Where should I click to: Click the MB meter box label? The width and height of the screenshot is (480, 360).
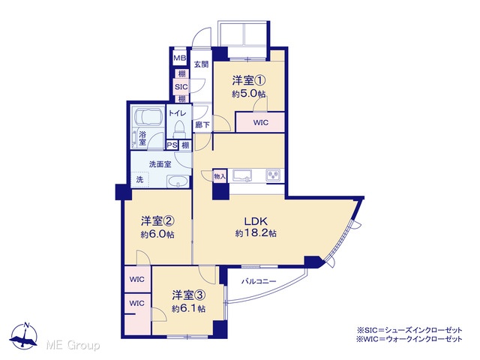pos(180,58)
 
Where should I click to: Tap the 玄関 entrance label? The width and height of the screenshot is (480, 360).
pos(202,64)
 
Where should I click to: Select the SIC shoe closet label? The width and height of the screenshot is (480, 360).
pos(181,87)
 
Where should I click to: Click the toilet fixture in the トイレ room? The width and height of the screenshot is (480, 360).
pos(179,130)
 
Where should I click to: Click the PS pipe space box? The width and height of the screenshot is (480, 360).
pos(172,145)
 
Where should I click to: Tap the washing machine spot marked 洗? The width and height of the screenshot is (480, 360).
pos(140,179)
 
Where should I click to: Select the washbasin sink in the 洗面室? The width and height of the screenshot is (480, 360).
pos(178,181)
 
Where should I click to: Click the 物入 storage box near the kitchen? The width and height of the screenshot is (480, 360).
pos(220,176)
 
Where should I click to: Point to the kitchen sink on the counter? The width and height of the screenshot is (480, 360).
pos(242,176)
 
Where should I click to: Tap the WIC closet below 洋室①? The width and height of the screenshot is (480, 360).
pos(260,122)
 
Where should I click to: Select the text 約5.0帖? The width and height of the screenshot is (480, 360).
pos(248,94)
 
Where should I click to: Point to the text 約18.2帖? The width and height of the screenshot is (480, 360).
pos(256,233)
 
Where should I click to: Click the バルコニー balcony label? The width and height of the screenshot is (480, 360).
pos(259,281)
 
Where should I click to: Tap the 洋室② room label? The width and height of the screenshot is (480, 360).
pos(157,220)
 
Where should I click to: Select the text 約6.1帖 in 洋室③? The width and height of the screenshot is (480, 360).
pos(188,308)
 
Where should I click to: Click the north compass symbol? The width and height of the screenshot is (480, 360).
pos(24,335)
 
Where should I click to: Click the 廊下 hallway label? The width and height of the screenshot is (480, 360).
pos(202,125)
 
